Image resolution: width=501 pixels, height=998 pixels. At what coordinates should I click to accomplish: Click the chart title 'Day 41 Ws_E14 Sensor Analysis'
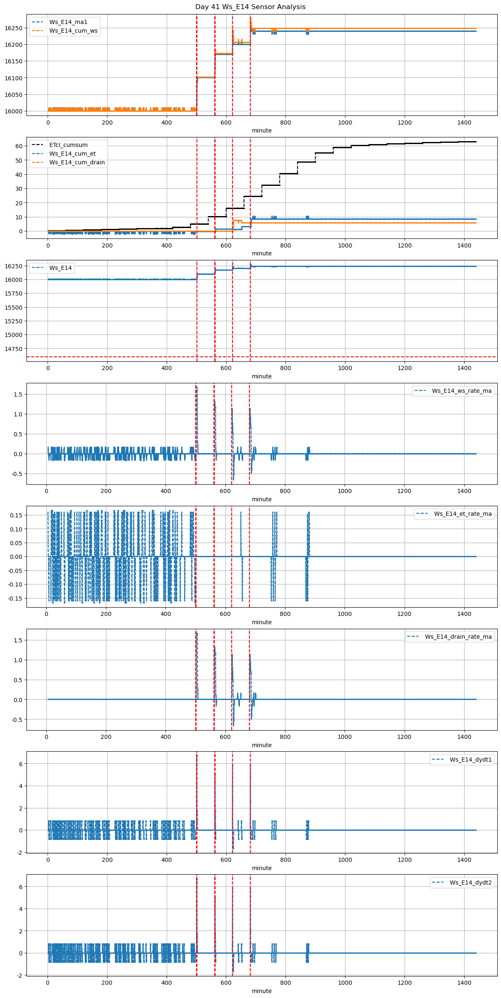pyautogui.click(x=250, y=7)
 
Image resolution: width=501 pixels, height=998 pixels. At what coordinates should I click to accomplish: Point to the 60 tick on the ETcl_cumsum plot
pyautogui.click(x=19, y=146)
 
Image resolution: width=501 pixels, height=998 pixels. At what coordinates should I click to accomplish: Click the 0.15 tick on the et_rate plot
pyautogui.click(x=17, y=515)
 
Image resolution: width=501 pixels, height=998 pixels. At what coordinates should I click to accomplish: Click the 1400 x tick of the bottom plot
pyautogui.click(x=464, y=983)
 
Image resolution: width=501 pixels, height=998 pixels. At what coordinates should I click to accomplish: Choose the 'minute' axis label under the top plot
pyautogui.click(x=262, y=130)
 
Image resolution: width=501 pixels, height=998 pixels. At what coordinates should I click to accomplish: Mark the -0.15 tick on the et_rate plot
pyautogui.click(x=16, y=599)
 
